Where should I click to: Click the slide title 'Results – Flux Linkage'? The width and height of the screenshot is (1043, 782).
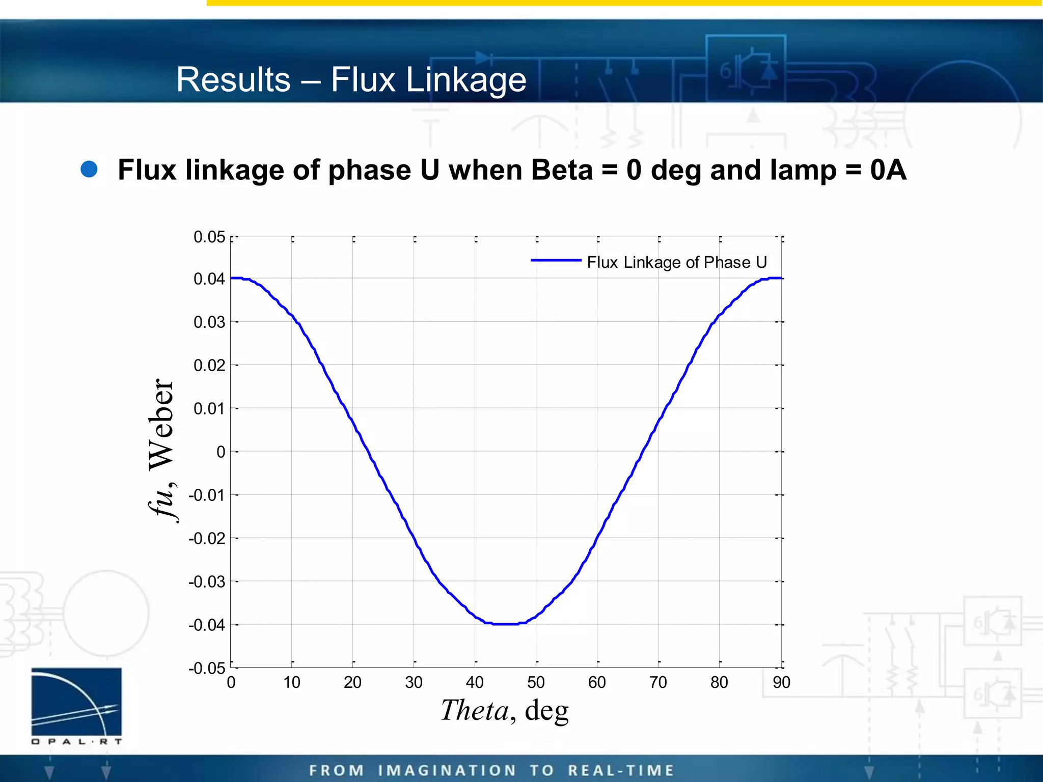351,80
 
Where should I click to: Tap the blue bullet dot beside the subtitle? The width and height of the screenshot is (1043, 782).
89,170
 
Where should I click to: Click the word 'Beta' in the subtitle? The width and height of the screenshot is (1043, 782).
562,170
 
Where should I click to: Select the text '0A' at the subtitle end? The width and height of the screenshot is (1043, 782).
888,170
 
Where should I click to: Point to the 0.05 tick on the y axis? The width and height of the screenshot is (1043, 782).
209,237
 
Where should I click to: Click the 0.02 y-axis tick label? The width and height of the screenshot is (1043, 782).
209,366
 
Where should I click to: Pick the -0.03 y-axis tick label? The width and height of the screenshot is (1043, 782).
207,581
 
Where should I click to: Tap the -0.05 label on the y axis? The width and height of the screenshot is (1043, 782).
207,668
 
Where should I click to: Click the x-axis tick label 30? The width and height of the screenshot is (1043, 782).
414,682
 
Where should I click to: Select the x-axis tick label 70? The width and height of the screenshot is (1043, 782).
658,682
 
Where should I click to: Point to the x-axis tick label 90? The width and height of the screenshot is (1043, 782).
781,682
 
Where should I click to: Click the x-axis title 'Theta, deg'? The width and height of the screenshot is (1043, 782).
504,710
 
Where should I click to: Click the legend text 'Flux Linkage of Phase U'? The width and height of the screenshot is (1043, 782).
677,262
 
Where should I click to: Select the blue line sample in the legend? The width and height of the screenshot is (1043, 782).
556,260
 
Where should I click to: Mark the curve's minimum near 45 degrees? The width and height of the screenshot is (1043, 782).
505,624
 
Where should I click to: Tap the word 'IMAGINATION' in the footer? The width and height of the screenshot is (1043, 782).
447,770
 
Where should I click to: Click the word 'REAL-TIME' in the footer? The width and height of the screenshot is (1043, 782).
621,770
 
